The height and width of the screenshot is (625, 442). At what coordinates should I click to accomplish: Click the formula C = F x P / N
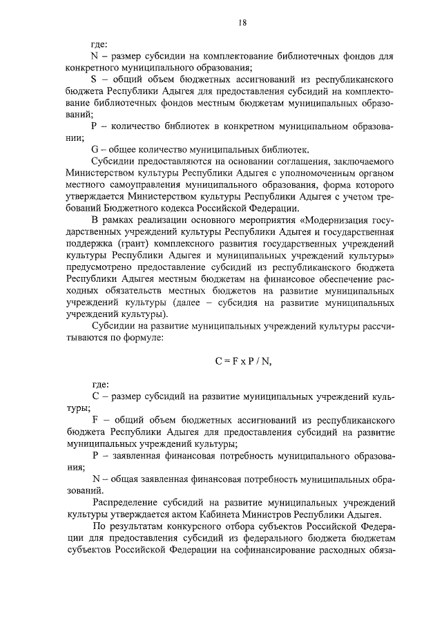pyautogui.click(x=242, y=358)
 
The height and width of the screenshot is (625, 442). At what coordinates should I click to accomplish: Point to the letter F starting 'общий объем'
pyautogui.click(x=95, y=421)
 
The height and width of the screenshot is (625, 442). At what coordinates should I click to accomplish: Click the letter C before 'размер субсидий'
pyautogui.click(x=95, y=398)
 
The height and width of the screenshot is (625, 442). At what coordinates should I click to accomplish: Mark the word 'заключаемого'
pyautogui.click(x=365, y=161)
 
